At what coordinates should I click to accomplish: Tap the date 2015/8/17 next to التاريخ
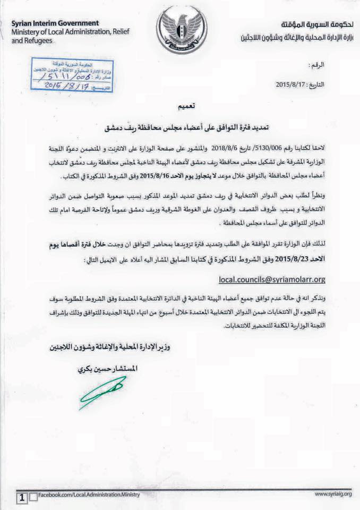click(295, 84)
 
